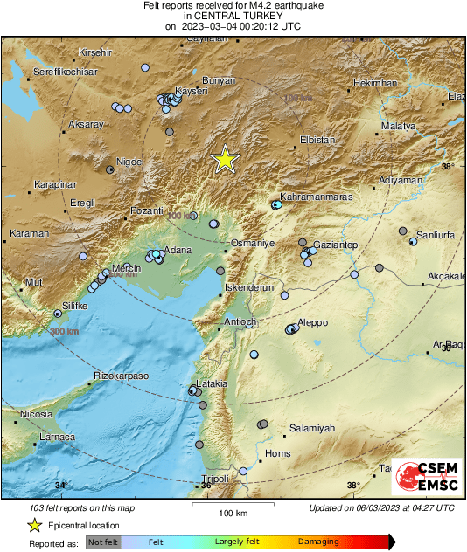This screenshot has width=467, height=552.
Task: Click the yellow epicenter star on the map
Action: tap(226, 159)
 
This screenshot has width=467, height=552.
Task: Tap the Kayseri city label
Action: tap(191, 91)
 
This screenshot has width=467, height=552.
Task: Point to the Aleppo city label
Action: tap(312, 322)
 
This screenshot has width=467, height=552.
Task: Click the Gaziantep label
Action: tap(337, 246)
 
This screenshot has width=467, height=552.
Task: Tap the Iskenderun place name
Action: tap(250, 286)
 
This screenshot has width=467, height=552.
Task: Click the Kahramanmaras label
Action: tap(316, 197)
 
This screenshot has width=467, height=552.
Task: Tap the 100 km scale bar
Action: tap(233, 504)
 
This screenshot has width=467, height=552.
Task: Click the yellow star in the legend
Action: tap(34, 525)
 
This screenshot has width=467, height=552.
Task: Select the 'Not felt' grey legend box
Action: tap(104, 542)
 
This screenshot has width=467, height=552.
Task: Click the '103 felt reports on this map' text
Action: tap(82, 508)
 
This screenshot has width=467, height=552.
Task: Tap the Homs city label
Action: tap(277, 453)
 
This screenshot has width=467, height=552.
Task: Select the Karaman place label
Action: tap(29, 234)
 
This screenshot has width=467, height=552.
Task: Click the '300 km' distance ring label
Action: tap(65, 333)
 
